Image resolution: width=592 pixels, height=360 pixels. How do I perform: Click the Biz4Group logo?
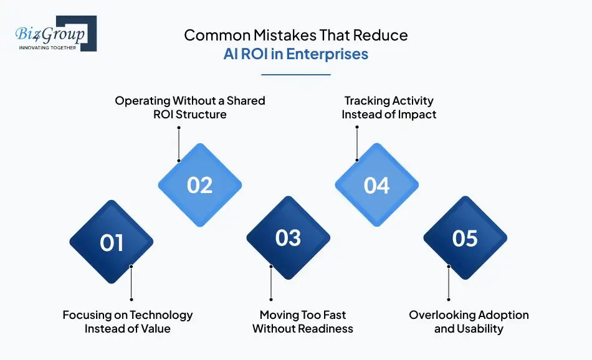(55, 33)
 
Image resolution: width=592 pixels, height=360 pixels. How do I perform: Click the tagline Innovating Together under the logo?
(48, 47)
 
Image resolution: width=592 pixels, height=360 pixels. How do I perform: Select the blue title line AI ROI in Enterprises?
(296, 54)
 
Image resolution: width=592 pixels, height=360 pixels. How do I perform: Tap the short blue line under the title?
(296, 75)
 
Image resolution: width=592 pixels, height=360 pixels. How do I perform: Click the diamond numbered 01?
(112, 242)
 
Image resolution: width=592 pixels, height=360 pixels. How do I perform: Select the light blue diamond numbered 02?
(199, 185)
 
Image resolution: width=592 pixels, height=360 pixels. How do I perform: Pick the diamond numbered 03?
(288, 238)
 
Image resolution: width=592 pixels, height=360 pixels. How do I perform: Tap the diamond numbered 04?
(376, 185)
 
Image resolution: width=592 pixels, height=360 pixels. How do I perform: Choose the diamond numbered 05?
(465, 238)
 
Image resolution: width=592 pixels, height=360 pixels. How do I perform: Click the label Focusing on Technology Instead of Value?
(128, 321)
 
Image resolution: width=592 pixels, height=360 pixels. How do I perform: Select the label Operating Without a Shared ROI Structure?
(189, 107)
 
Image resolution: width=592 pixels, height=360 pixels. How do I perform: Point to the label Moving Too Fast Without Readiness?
(303, 321)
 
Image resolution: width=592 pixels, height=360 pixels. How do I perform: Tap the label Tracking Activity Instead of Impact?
(389, 107)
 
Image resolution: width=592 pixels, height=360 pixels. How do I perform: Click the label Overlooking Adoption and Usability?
(469, 321)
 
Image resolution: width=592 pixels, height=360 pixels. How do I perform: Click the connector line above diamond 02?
(179, 143)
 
